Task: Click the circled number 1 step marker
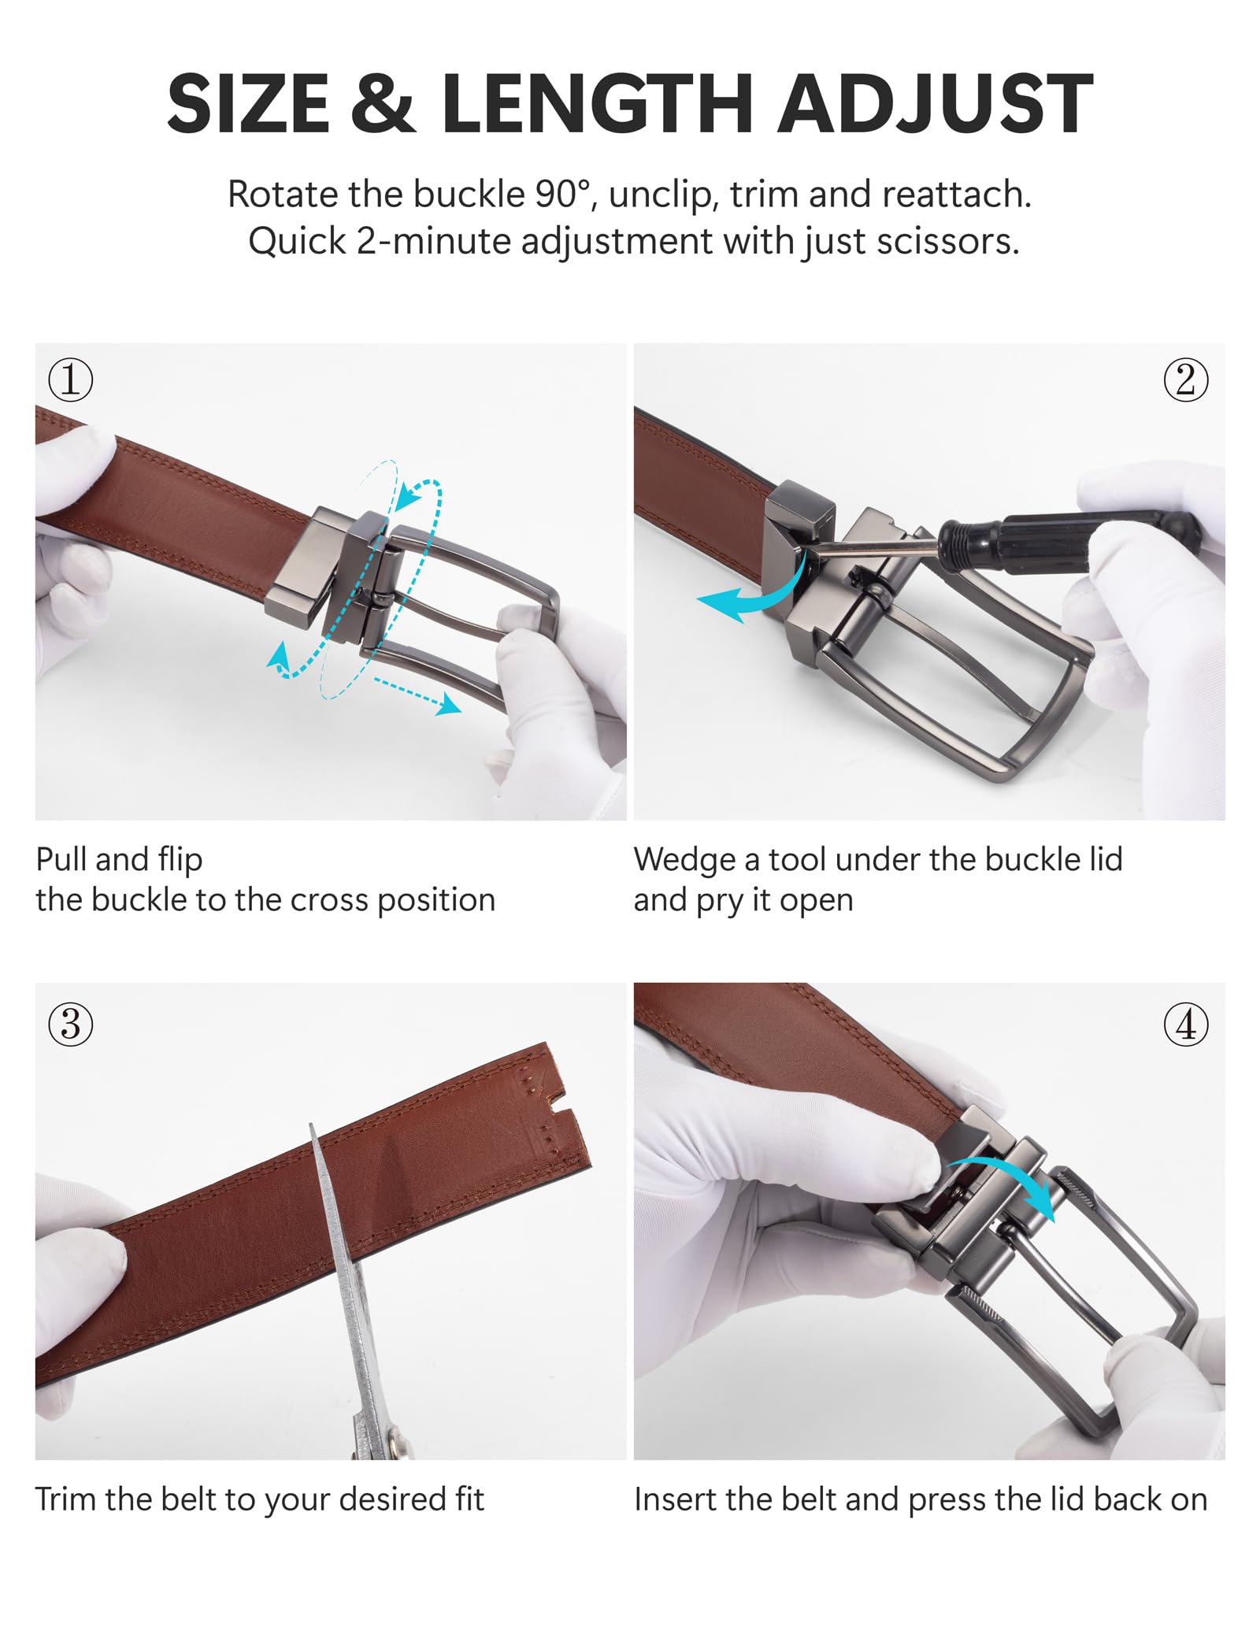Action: (71, 380)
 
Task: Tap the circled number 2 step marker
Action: (1186, 380)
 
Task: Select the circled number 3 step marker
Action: (71, 1025)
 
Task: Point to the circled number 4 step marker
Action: (1186, 1025)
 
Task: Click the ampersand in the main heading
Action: (382, 103)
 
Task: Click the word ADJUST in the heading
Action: (936, 103)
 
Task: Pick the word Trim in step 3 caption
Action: (66, 1499)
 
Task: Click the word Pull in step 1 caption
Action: (64, 858)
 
